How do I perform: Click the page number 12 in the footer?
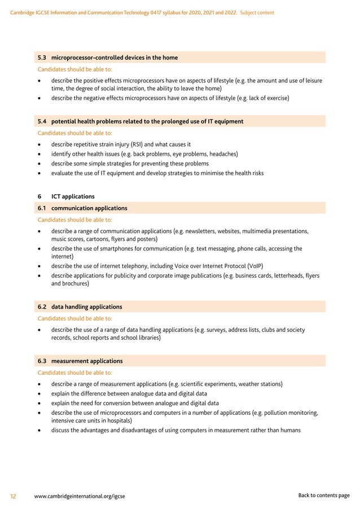(x=13, y=496)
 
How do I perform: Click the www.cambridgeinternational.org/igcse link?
(x=80, y=496)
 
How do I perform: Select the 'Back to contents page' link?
(x=323, y=495)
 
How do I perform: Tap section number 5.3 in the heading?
(x=42, y=58)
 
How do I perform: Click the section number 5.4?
(x=42, y=121)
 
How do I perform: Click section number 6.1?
(x=42, y=208)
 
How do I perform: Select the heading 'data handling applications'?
(x=86, y=306)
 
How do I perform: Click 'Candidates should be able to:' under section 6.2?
(x=74, y=318)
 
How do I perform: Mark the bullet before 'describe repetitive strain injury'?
(x=38, y=144)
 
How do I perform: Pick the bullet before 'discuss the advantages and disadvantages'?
(x=38, y=431)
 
